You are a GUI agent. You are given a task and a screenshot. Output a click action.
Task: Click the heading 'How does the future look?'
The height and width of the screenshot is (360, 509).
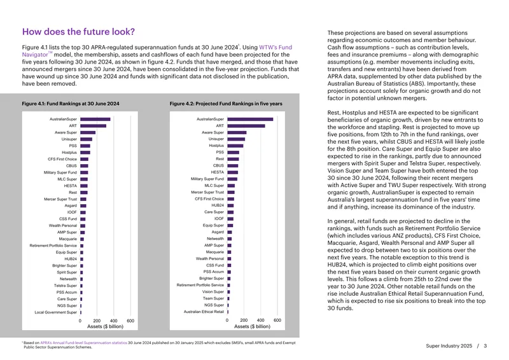(78, 32)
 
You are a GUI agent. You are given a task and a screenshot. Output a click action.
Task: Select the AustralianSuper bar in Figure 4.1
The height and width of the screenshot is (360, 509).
(95, 119)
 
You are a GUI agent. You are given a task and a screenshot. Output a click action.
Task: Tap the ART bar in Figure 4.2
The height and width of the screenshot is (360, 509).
(246, 126)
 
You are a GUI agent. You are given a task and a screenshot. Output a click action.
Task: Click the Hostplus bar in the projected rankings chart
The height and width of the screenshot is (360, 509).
(235, 146)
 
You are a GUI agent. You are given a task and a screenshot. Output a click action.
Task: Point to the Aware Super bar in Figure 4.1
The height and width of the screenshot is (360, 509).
(88, 132)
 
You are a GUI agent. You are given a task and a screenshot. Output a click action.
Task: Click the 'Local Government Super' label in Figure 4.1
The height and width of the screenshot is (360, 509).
(56, 312)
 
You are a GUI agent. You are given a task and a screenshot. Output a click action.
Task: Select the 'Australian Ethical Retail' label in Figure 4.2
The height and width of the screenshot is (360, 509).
(204, 312)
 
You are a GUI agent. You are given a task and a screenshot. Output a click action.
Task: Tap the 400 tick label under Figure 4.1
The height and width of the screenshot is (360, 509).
(114, 321)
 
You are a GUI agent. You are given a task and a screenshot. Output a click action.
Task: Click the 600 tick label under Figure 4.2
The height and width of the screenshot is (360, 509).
(277, 320)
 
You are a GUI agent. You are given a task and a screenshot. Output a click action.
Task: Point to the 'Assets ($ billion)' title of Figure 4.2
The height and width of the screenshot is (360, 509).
(252, 326)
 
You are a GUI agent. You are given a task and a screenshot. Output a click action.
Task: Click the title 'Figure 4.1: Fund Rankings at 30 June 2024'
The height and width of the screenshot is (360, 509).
(71, 104)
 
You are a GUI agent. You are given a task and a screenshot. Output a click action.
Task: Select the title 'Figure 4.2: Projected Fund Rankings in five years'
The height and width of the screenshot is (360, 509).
(226, 104)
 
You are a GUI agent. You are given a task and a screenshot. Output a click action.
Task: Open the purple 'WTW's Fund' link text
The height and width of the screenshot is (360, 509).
(275, 48)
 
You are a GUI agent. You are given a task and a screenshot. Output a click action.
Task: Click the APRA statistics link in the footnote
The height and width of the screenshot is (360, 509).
(83, 343)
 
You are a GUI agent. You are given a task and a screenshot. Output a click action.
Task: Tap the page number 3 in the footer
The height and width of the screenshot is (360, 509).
(485, 346)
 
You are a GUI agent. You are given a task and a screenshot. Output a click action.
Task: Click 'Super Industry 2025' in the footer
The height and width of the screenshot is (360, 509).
(449, 346)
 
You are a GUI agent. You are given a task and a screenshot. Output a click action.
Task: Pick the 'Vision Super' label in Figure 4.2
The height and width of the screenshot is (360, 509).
(213, 291)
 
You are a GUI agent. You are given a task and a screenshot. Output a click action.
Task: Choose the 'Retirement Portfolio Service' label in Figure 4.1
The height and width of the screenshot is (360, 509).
(53, 246)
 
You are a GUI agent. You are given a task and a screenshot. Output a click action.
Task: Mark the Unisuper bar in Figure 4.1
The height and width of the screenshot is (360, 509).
(87, 139)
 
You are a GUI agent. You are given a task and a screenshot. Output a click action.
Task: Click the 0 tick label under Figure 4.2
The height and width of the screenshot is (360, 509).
(227, 320)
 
